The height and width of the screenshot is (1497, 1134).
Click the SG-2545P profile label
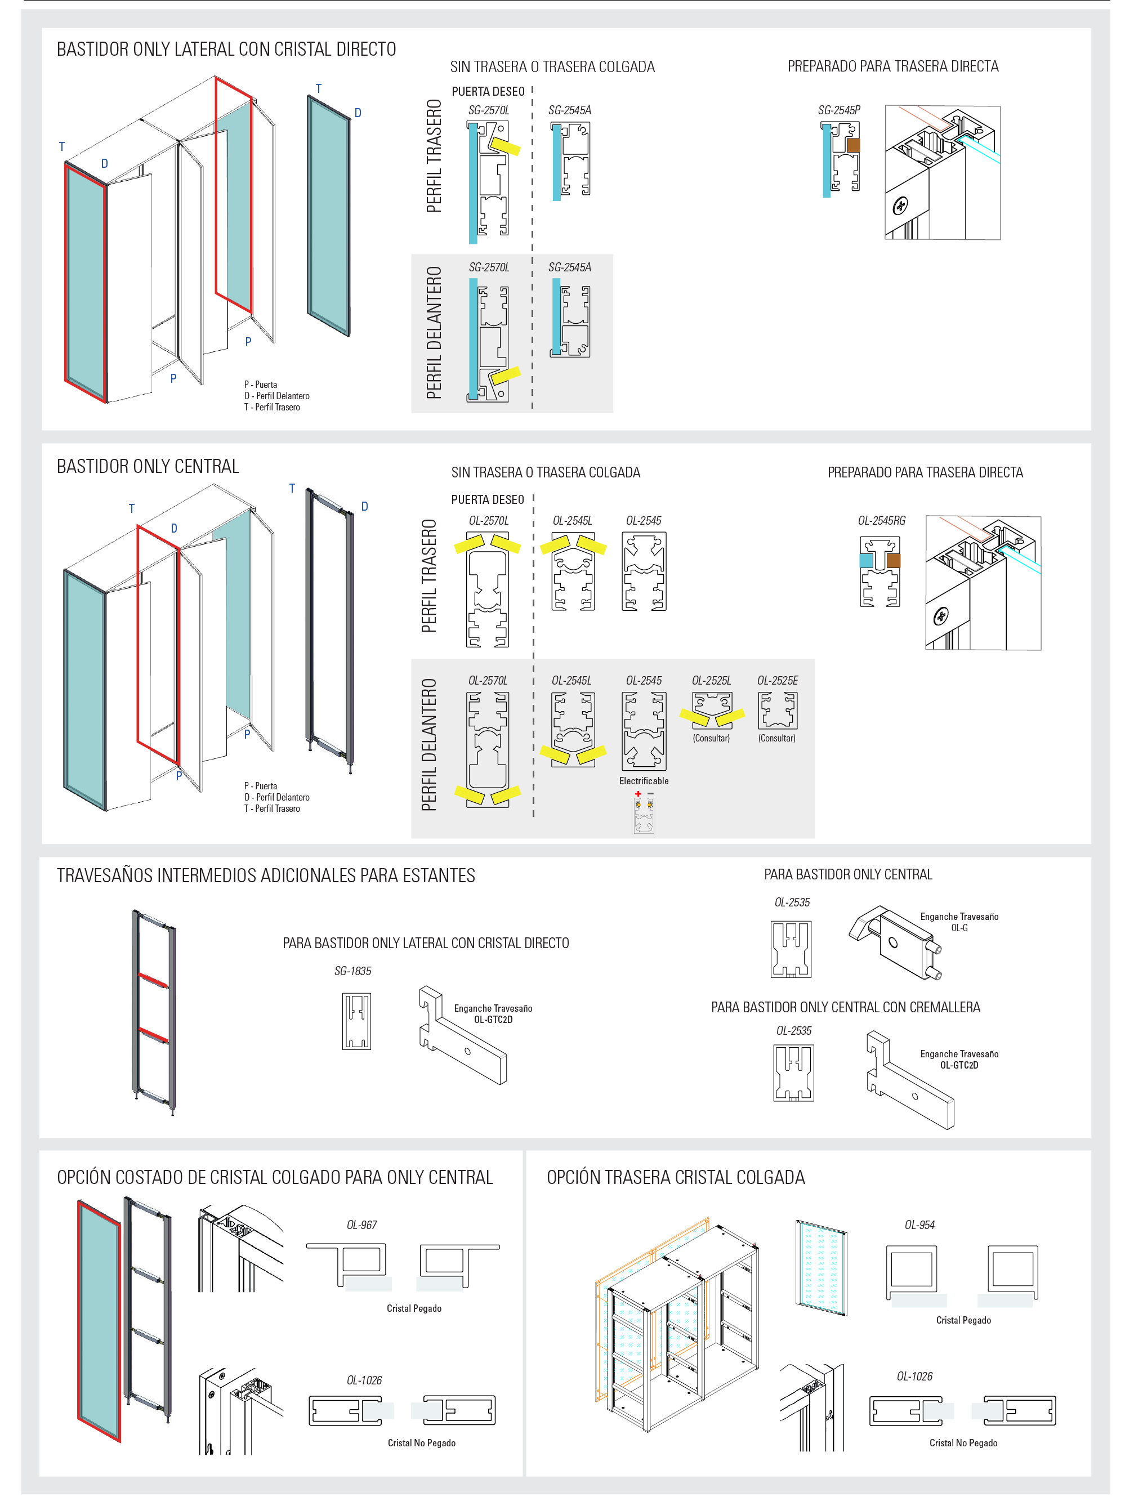tap(839, 110)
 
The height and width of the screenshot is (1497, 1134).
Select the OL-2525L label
tap(712, 681)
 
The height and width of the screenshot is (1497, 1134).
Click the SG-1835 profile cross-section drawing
tap(356, 1021)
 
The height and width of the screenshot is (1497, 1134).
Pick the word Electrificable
tap(644, 781)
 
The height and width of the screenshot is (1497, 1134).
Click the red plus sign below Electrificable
tap(638, 794)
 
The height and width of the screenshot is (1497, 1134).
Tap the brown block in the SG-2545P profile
tap(853, 145)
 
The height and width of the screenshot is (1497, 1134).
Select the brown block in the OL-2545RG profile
tap(894, 560)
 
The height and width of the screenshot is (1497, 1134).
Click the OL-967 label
tap(361, 1225)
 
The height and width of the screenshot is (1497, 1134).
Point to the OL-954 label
tap(919, 1225)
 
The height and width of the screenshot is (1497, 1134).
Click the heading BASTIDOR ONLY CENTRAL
tap(148, 466)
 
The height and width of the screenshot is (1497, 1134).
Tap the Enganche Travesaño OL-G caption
tap(959, 922)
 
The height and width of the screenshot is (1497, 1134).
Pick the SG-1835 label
tap(352, 971)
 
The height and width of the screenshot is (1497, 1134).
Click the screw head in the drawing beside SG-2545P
tap(900, 205)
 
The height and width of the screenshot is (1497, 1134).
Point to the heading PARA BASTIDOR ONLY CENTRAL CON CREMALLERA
tap(846, 1007)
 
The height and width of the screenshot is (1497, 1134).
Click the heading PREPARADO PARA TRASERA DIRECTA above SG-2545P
tap(893, 66)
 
